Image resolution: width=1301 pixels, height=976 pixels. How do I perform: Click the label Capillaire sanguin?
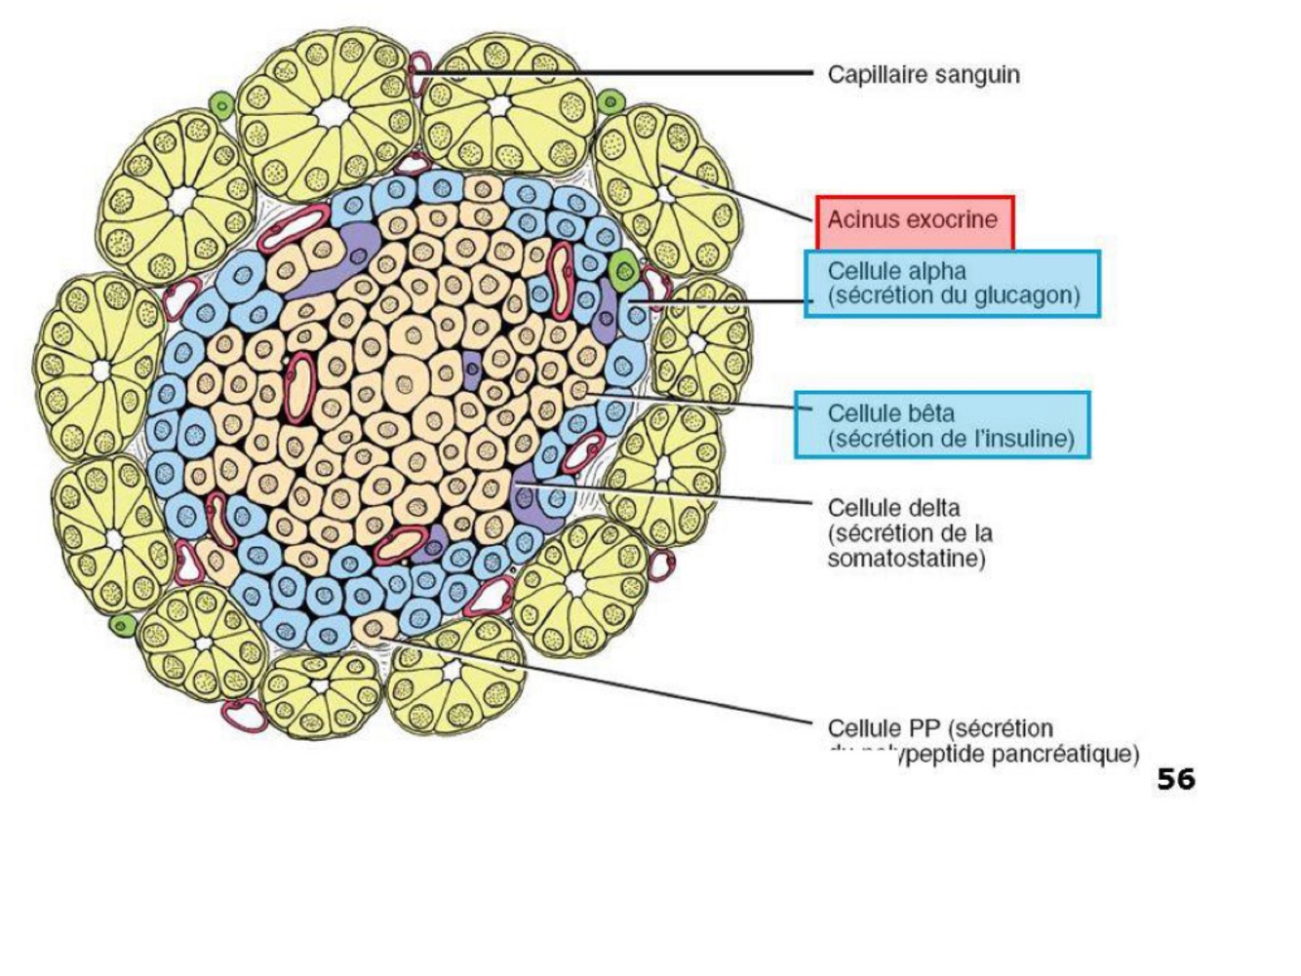(923, 74)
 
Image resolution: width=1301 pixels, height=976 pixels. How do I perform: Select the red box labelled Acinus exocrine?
(915, 221)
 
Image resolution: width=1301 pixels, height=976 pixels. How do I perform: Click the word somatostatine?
(905, 559)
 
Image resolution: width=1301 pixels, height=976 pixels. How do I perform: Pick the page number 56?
(1175, 779)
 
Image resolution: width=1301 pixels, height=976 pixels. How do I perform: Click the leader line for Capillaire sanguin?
(624, 72)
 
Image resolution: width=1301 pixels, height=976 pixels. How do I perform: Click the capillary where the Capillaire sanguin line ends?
(418, 70)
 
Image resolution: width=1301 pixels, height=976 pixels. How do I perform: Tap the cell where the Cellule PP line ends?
(374, 629)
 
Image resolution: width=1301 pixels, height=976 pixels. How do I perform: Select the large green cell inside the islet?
(621, 266)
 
